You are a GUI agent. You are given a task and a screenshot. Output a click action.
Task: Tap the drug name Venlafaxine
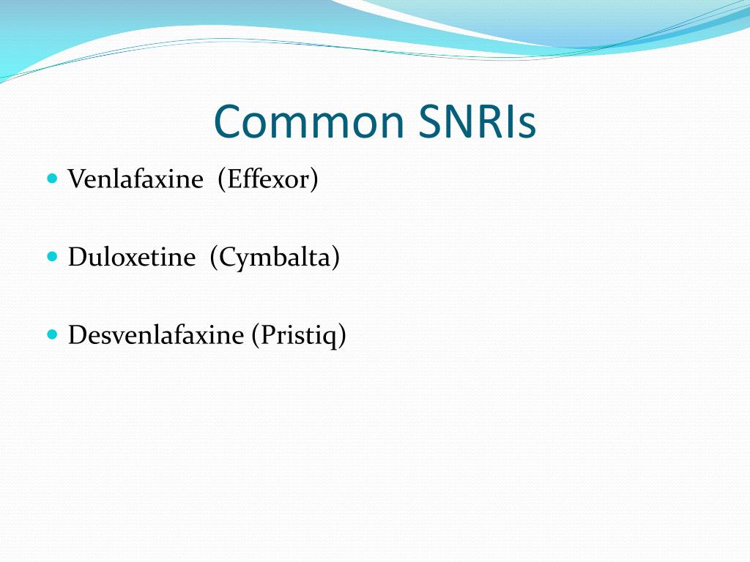pyautogui.click(x=135, y=179)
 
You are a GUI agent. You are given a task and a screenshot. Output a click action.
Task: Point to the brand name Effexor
pyautogui.click(x=267, y=179)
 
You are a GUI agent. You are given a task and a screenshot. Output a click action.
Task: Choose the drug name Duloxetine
pyautogui.click(x=132, y=258)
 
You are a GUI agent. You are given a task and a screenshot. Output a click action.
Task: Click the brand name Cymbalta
pyautogui.click(x=275, y=258)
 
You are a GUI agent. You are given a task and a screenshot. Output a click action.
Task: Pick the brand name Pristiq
pyautogui.click(x=298, y=335)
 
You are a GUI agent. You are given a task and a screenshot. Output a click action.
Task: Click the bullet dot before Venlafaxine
pyautogui.click(x=51, y=179)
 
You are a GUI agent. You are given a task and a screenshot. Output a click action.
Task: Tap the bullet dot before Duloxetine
pyautogui.click(x=51, y=257)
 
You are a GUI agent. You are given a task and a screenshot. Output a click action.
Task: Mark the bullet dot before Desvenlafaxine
pyautogui.click(x=51, y=334)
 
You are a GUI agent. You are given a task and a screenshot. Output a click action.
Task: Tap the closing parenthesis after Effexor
pyautogui.click(x=314, y=180)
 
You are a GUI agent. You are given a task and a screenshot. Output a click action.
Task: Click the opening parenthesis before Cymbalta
pyautogui.click(x=213, y=258)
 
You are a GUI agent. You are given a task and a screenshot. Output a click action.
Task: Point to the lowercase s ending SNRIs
pyautogui.click(x=527, y=126)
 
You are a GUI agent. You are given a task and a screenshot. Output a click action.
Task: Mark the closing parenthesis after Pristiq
pyautogui.click(x=342, y=336)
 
